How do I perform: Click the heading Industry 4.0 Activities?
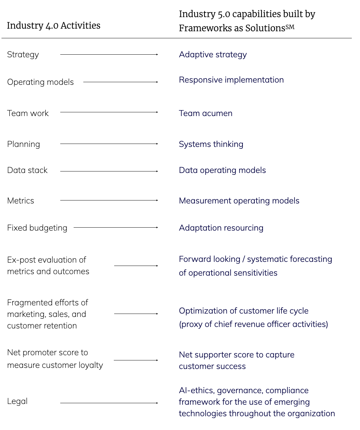54,26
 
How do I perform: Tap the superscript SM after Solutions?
290,27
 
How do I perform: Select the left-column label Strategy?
23,55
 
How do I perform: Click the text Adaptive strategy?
213,55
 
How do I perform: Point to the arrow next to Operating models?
120,82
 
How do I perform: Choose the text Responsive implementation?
231,80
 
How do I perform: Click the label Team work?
28,113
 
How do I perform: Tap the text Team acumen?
206,113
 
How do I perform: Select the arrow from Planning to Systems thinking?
109,144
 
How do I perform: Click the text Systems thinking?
211,144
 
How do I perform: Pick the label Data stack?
28,170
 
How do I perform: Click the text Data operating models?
222,170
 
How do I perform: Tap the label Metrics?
20,201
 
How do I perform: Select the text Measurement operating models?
239,201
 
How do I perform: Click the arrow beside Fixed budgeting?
116,227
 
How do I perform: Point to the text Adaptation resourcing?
221,228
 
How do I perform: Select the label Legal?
17,401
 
